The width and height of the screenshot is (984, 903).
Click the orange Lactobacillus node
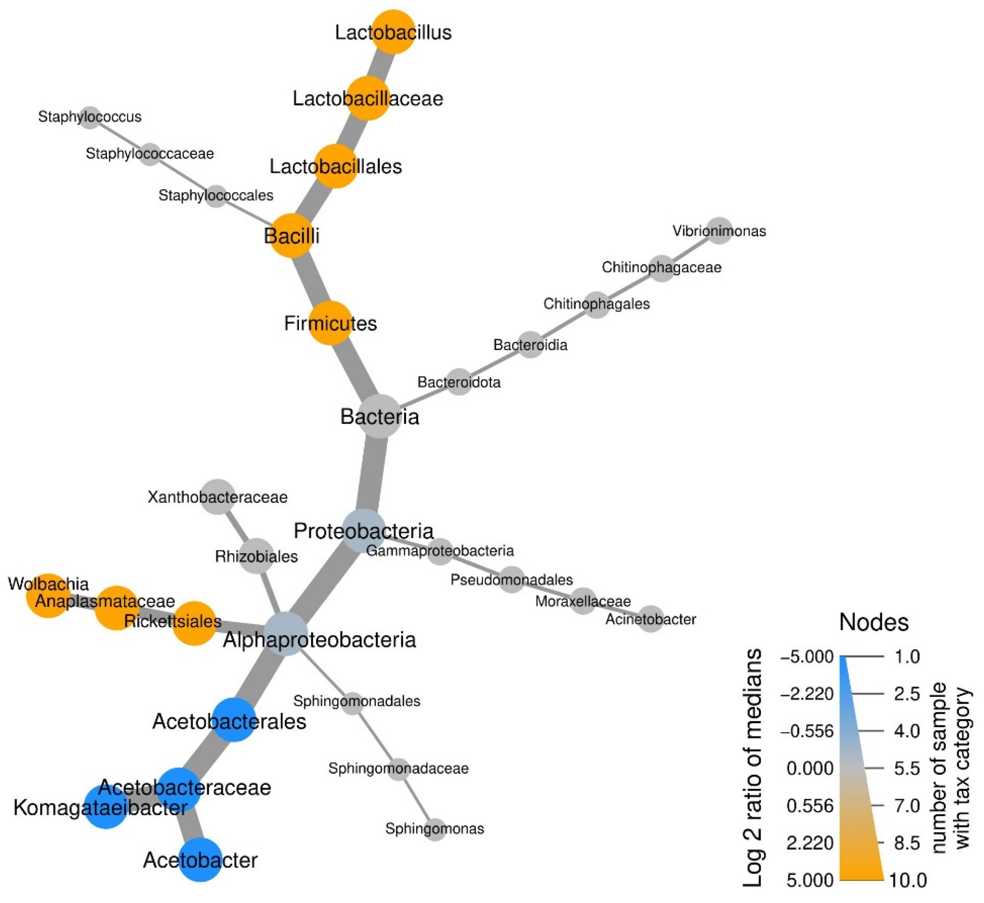pyautogui.click(x=393, y=32)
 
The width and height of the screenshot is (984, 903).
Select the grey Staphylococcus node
pyautogui.click(x=90, y=117)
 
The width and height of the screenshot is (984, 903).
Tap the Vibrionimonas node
pyautogui.click(x=719, y=231)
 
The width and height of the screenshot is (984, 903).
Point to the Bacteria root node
pyautogui.click(x=380, y=416)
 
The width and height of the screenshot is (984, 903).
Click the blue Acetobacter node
pyautogui.click(x=200, y=860)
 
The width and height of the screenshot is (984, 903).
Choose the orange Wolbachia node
pyautogui.click(x=48, y=596)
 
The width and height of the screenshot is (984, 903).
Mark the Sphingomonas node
pyautogui.click(x=435, y=829)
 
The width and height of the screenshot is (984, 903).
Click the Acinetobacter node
pyautogui.click(x=651, y=620)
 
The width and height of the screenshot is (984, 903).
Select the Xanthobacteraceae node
pyautogui.click(x=218, y=497)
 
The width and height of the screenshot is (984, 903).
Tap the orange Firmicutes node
pyautogui.click(x=331, y=323)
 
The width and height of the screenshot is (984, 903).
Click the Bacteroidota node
pyautogui.click(x=459, y=382)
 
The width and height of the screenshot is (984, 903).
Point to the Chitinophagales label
pyautogui.click(x=596, y=304)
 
